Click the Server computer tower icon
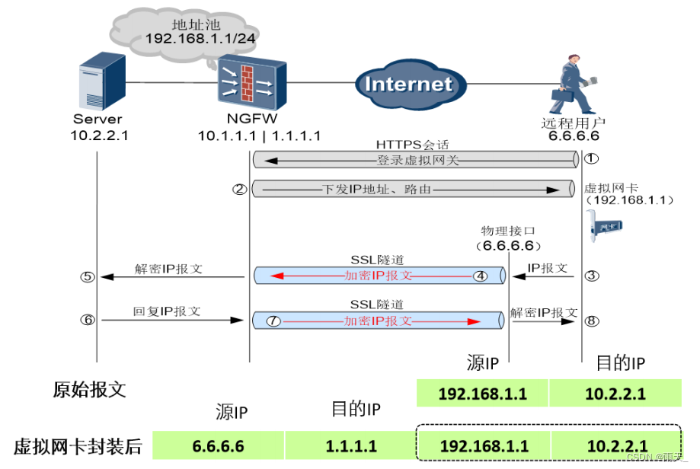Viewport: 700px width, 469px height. [x=102, y=81]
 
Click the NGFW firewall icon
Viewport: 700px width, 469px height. [x=252, y=82]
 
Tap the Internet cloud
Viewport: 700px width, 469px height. [x=411, y=85]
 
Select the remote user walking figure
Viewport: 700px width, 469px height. [x=574, y=85]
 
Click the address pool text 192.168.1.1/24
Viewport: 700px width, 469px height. [x=200, y=38]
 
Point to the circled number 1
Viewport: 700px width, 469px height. [x=592, y=158]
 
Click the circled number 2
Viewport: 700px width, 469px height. [x=239, y=190]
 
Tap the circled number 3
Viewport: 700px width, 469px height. [x=592, y=276]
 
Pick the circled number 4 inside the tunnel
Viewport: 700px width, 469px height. [x=481, y=276]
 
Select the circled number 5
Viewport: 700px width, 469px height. [x=88, y=276]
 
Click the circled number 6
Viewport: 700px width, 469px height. [x=88, y=320]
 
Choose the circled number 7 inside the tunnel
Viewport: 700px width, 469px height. [x=273, y=321]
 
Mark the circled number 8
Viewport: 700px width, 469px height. [x=592, y=321]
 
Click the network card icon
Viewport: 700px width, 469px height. [x=604, y=226]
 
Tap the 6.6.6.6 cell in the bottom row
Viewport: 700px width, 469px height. [x=218, y=445]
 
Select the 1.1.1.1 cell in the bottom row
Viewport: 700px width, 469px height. [x=351, y=445]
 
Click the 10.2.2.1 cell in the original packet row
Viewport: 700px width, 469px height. [x=615, y=393]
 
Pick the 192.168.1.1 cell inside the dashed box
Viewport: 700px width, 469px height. [x=484, y=445]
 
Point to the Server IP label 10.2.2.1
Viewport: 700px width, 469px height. [x=99, y=136]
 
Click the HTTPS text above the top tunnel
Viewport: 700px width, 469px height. [x=398, y=145]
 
